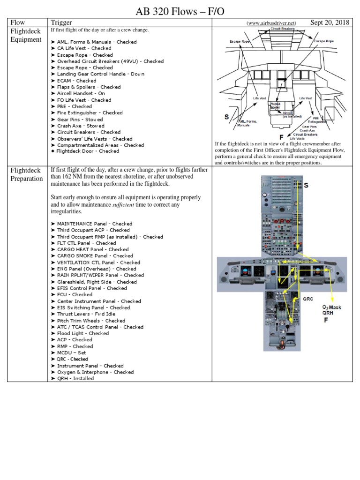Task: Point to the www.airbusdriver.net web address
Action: pyautogui.click(x=271, y=23)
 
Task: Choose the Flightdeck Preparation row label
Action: pyautogui.click(x=27, y=174)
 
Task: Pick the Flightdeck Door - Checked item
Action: pyautogui.click(x=88, y=151)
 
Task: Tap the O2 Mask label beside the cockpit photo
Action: pyautogui.click(x=331, y=307)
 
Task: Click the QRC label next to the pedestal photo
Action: pyautogui.click(x=307, y=298)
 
